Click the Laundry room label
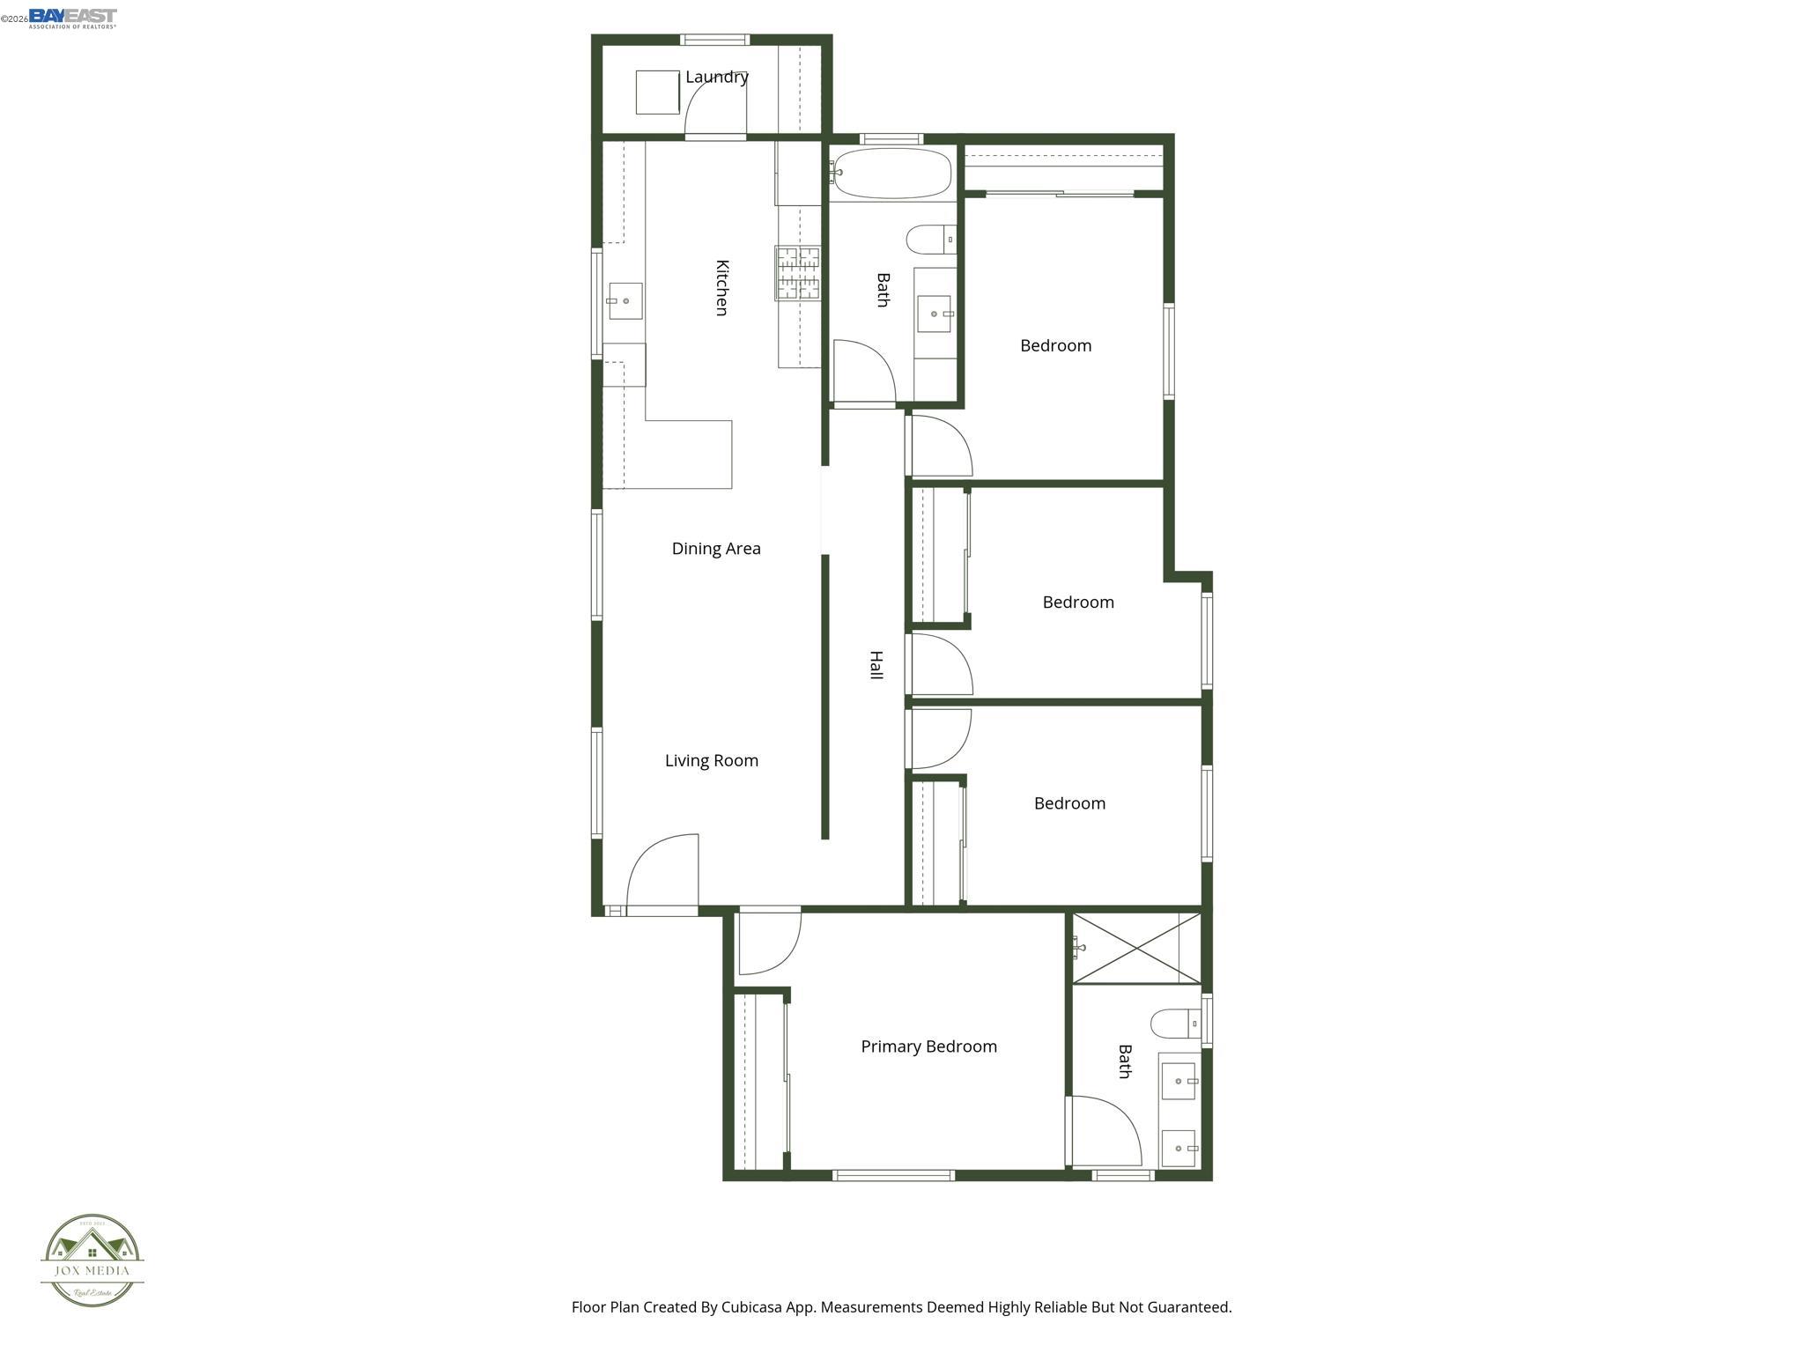tap(716, 77)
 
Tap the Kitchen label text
tap(721, 287)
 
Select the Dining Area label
tap(715, 548)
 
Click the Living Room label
tap(711, 760)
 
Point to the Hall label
tap(876, 665)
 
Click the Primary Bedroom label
tap(928, 1046)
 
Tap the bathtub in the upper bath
tap(891, 173)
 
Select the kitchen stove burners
tap(797, 273)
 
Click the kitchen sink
tap(625, 301)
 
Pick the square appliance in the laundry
tap(657, 92)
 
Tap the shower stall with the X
tap(1136, 949)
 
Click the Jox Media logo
tap(92, 1261)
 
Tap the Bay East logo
tap(72, 18)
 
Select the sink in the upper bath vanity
tap(935, 314)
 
